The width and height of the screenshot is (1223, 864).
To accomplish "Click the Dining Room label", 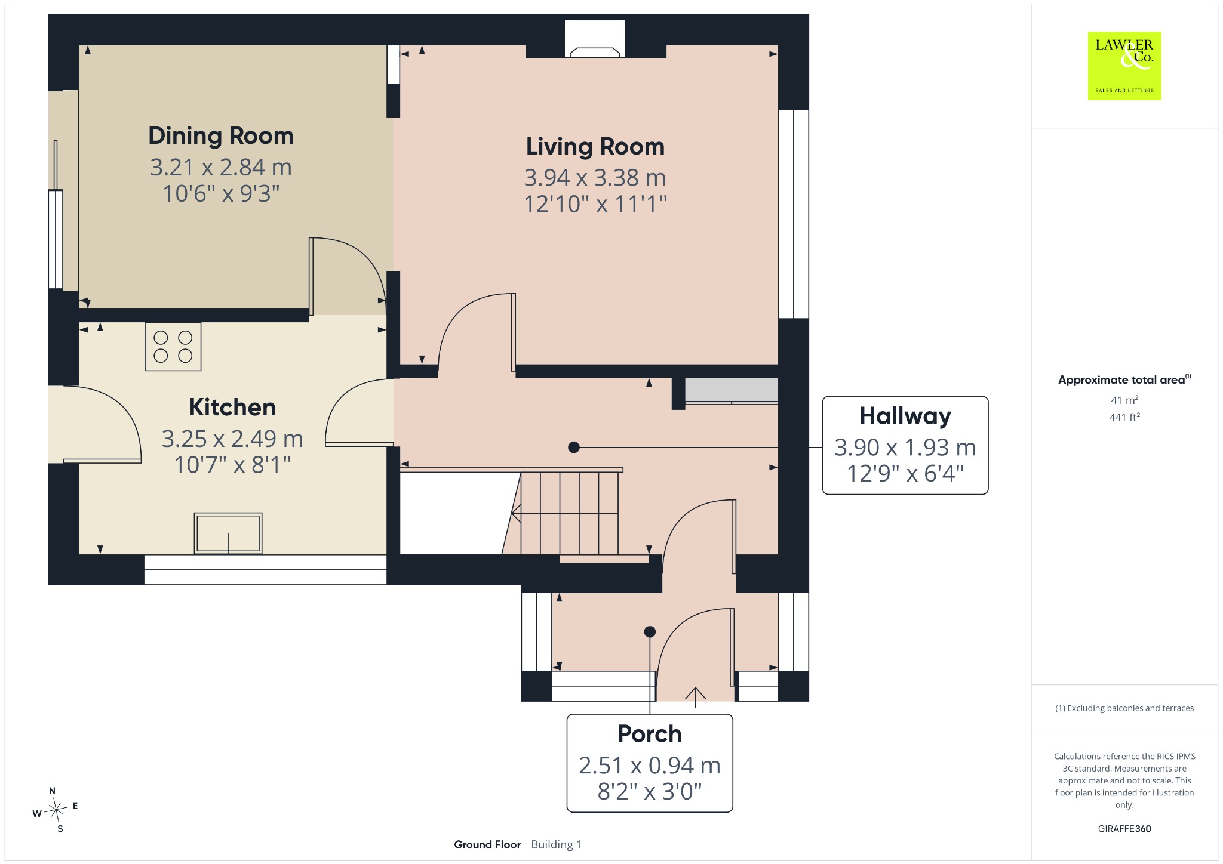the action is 221,136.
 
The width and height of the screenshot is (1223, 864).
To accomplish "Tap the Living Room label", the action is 595,147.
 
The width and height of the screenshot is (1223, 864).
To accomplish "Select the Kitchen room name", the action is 232,408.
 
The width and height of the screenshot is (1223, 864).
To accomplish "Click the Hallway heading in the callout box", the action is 905,416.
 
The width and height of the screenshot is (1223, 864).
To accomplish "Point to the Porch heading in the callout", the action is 650,734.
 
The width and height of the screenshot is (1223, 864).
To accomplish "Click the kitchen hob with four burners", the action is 173,347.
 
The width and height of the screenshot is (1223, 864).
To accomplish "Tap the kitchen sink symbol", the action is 228,533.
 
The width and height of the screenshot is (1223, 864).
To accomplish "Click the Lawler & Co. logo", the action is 1124,66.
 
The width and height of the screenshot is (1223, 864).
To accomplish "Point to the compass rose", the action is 55,810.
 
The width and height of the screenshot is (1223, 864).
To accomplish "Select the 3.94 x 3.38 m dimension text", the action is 595,178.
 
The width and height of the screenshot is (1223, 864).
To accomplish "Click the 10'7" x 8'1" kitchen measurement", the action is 232,465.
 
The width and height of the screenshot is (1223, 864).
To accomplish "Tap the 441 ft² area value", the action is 1124,418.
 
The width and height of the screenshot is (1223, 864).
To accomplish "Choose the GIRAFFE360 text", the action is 1124,829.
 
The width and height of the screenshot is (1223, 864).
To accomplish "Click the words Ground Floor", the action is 487,844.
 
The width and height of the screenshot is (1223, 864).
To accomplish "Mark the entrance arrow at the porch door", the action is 696,698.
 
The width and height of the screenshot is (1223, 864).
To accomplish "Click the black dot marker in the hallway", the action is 574,447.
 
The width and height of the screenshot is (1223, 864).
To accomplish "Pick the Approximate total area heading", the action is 1121,380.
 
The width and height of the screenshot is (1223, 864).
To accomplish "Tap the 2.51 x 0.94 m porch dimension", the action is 650,766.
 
